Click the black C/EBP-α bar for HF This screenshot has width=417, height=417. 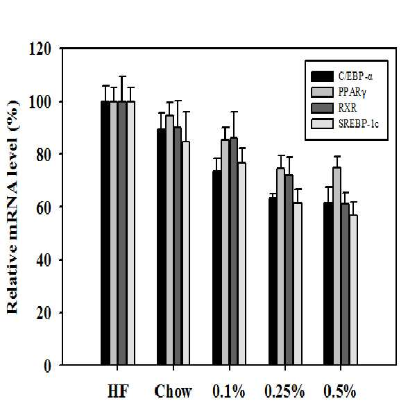(x=105, y=233)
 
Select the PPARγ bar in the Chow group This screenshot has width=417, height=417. (x=169, y=240)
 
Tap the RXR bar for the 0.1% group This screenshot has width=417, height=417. (x=234, y=251)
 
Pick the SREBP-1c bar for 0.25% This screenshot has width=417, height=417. (x=298, y=284)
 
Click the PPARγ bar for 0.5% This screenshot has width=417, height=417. (x=337, y=266)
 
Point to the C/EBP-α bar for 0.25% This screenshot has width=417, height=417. (x=273, y=281)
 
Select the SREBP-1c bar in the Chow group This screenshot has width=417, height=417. (x=186, y=253)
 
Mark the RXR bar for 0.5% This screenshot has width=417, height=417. (x=346, y=284)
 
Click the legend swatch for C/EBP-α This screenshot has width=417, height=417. (x=322, y=76)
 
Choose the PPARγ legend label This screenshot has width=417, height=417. (x=352, y=92)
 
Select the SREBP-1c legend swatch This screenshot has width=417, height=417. (x=322, y=124)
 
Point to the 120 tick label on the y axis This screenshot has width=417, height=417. (x=40, y=49)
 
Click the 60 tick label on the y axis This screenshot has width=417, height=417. (x=44, y=208)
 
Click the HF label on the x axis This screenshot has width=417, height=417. (x=118, y=392)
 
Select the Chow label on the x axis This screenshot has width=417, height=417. (x=173, y=392)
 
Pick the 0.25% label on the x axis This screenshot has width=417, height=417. (x=284, y=392)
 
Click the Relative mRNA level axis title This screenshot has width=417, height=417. (x=12, y=207)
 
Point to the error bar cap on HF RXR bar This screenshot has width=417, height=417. (x=122, y=76)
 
